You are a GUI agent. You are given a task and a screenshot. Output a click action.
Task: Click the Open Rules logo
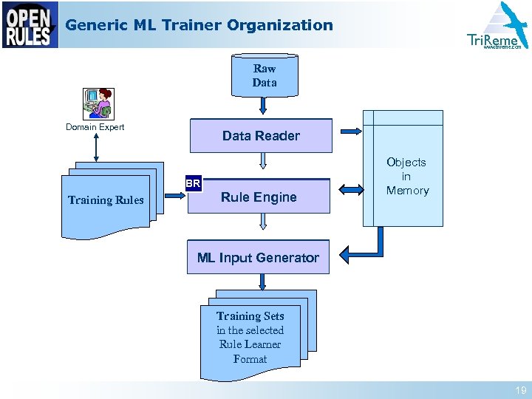pos(30,24)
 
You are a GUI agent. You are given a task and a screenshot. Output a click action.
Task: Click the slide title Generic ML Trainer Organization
pos(199,25)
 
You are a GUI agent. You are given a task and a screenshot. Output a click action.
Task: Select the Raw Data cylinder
pos(264,75)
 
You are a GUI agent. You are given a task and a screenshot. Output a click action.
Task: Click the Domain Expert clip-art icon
pos(98,103)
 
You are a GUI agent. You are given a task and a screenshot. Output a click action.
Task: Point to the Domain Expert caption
pos(95,127)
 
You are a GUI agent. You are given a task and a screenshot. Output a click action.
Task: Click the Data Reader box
pos(261,135)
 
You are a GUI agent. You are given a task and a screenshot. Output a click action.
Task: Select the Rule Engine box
pos(259,197)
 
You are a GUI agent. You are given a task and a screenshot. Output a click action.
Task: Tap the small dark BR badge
pos(193,183)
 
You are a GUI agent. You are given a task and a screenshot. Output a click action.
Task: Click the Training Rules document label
pos(106,200)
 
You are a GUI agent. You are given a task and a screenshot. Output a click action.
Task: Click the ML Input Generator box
pos(258,257)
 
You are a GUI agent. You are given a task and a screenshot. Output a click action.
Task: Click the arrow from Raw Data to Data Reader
pos(264,106)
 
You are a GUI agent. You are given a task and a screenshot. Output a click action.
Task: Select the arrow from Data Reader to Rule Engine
pos(262,163)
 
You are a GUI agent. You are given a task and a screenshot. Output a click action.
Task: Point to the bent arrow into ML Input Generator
pos(366,248)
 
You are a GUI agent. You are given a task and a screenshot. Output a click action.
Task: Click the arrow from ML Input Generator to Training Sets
pos(262,282)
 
